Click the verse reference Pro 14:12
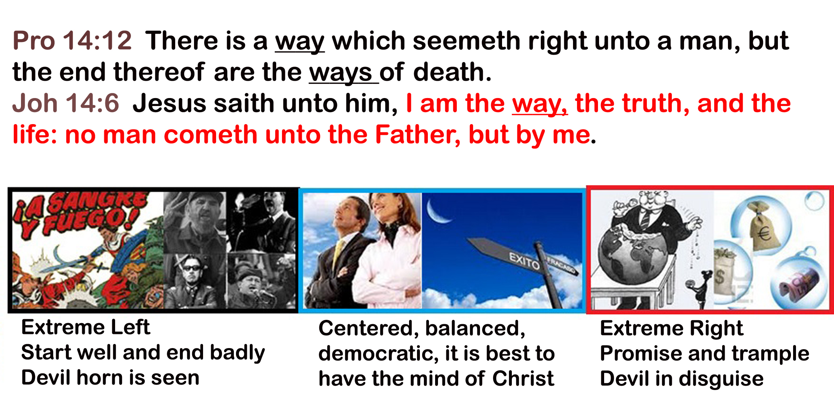tap(72, 40)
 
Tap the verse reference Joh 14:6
tap(66, 103)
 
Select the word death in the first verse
tap(452, 72)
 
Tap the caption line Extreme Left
tap(85, 327)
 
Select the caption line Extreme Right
tap(671, 329)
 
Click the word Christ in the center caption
tap(523, 378)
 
